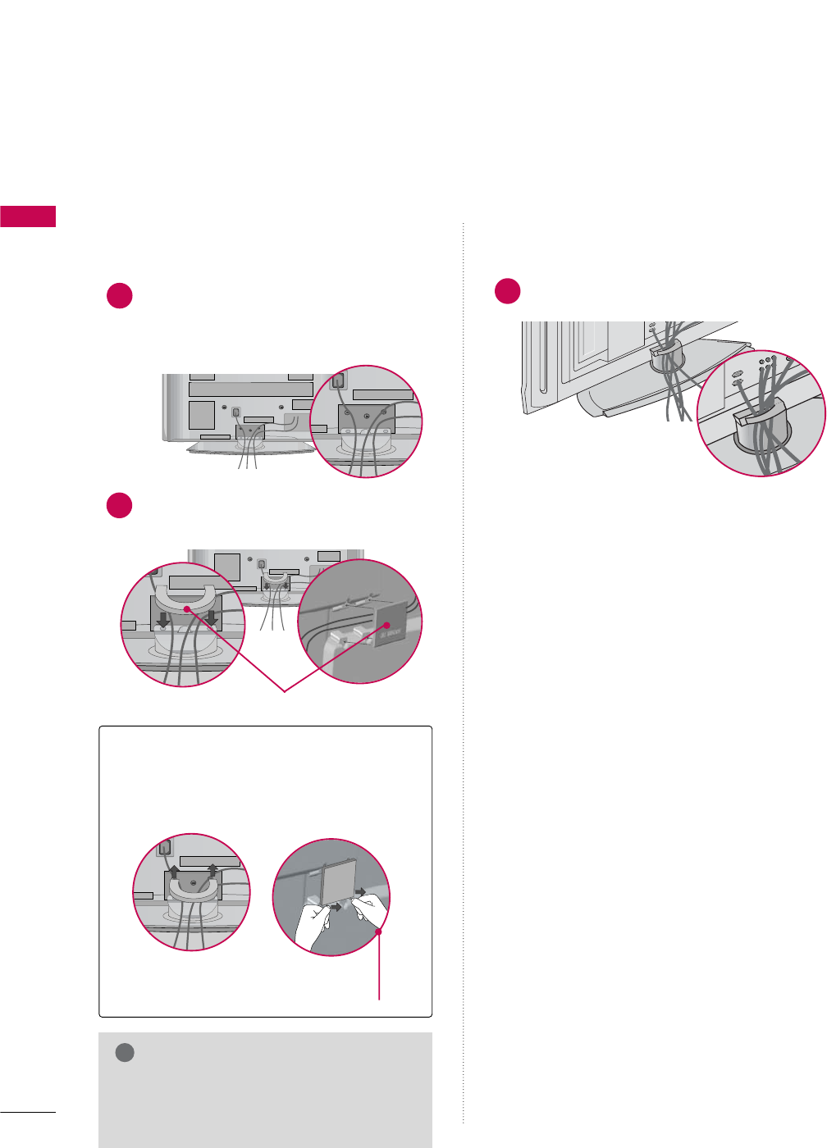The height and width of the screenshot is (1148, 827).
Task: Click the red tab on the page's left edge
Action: [28, 216]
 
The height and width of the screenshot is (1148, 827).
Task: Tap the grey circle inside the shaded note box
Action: [125, 1053]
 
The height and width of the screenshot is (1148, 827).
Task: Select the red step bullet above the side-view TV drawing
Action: [508, 291]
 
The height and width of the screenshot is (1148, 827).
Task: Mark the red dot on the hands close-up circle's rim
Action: [379, 932]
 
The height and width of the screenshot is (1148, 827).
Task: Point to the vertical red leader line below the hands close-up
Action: [379, 968]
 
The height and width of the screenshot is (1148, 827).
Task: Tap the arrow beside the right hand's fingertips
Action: [359, 891]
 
